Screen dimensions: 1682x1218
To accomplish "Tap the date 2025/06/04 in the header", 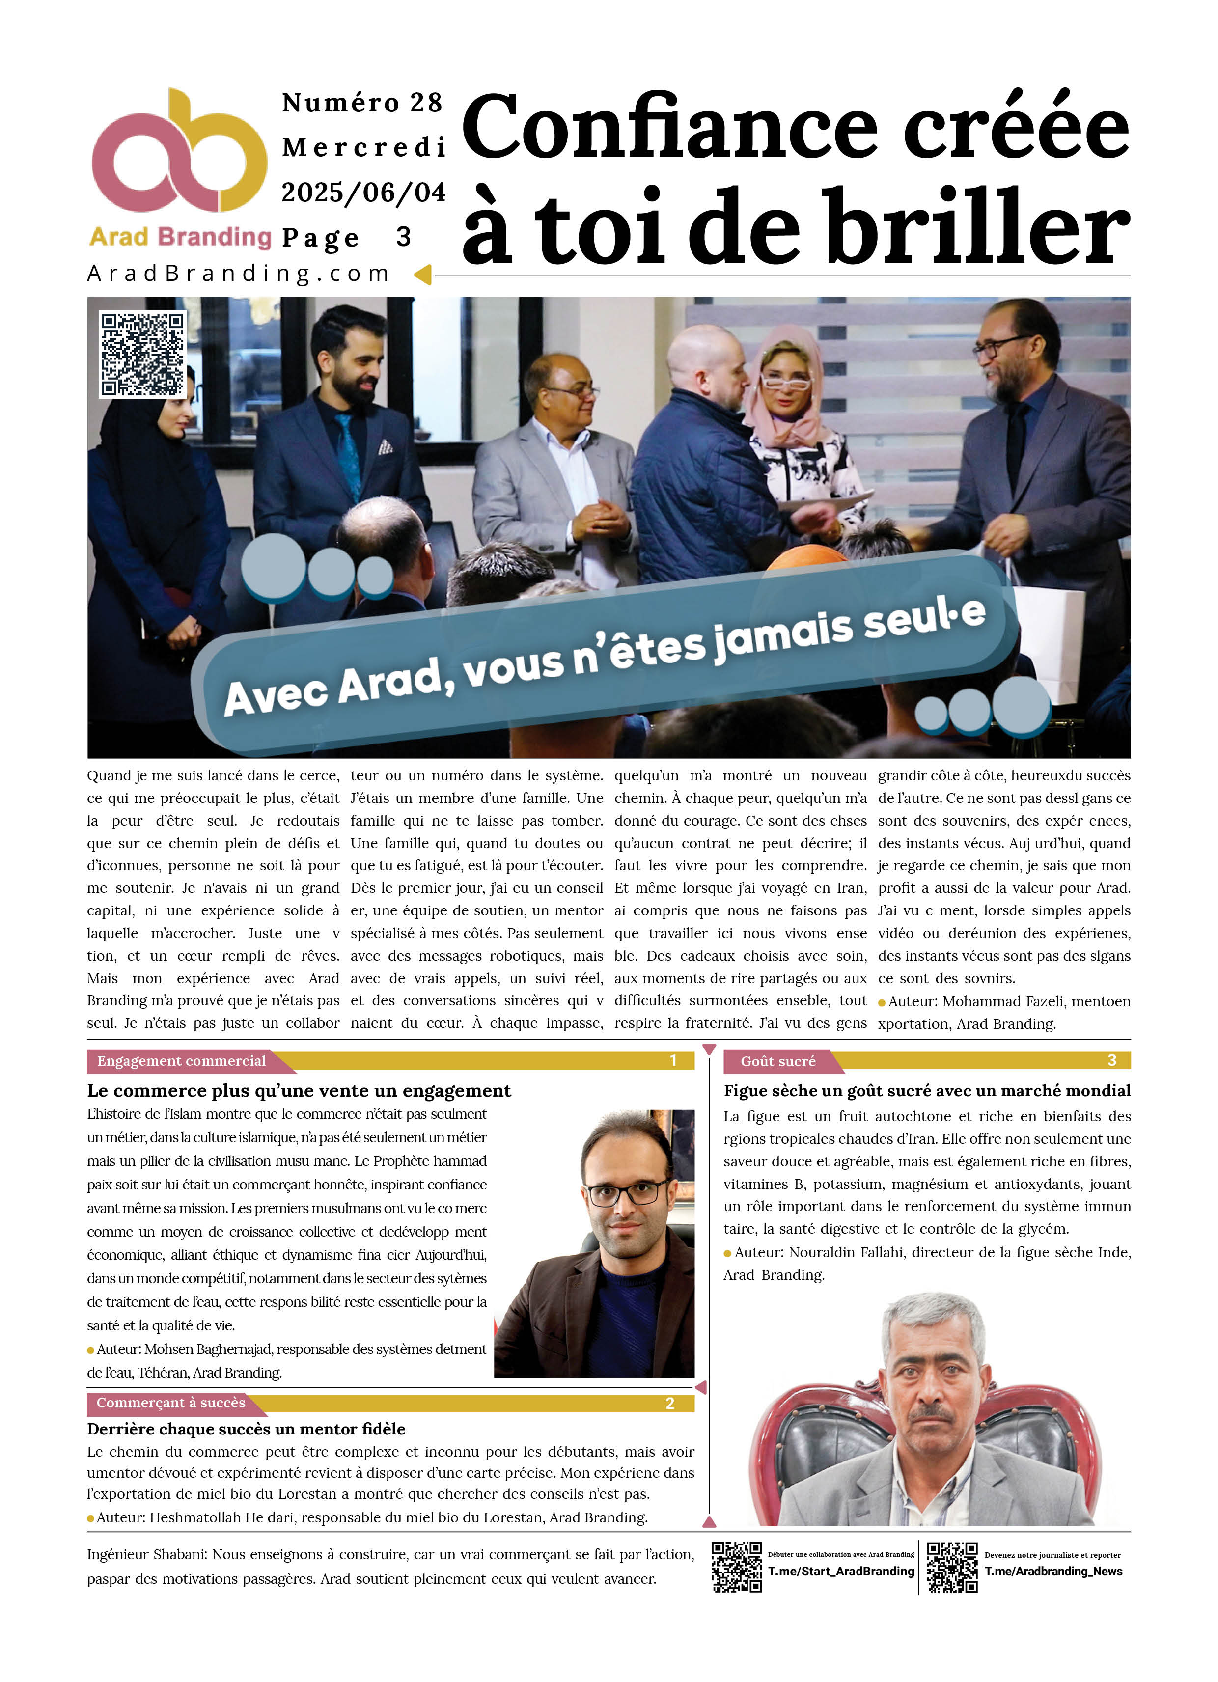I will [363, 193].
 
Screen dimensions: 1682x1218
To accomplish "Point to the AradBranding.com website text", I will [238, 274].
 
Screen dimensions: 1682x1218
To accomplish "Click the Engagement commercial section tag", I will [182, 1061].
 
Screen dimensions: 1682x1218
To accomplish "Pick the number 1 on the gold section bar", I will [673, 1061].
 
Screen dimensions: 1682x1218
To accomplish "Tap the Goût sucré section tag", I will [778, 1061].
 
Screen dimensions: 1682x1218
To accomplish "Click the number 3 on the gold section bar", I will [1111, 1061].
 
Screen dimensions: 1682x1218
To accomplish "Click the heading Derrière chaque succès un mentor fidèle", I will [246, 1429].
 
